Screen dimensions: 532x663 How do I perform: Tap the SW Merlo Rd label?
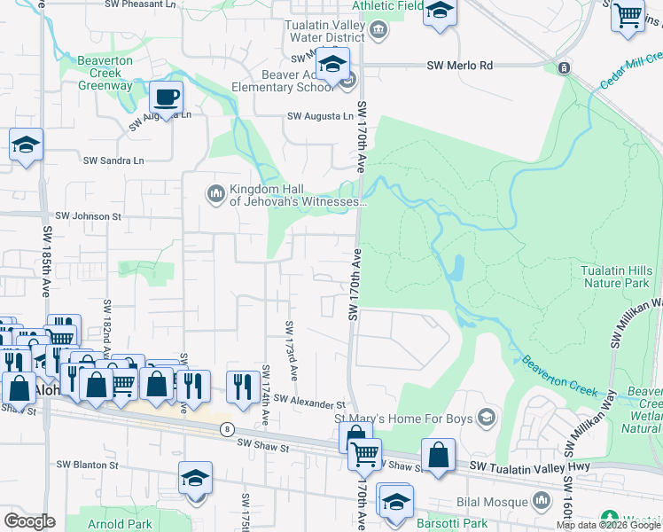pos(458,66)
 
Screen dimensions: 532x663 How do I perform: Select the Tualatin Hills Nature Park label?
pos(621,277)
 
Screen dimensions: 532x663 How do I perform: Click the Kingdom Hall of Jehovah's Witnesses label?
pos(297,195)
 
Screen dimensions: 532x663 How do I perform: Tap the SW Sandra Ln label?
pos(113,160)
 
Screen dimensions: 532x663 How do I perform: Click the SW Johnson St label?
pos(87,215)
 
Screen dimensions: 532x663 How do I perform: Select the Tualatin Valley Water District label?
pos(324,32)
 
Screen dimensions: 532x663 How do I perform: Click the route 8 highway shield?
pos(228,429)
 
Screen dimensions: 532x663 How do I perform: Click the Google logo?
pos(29,521)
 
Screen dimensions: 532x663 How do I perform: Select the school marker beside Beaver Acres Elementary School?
pos(333,66)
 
